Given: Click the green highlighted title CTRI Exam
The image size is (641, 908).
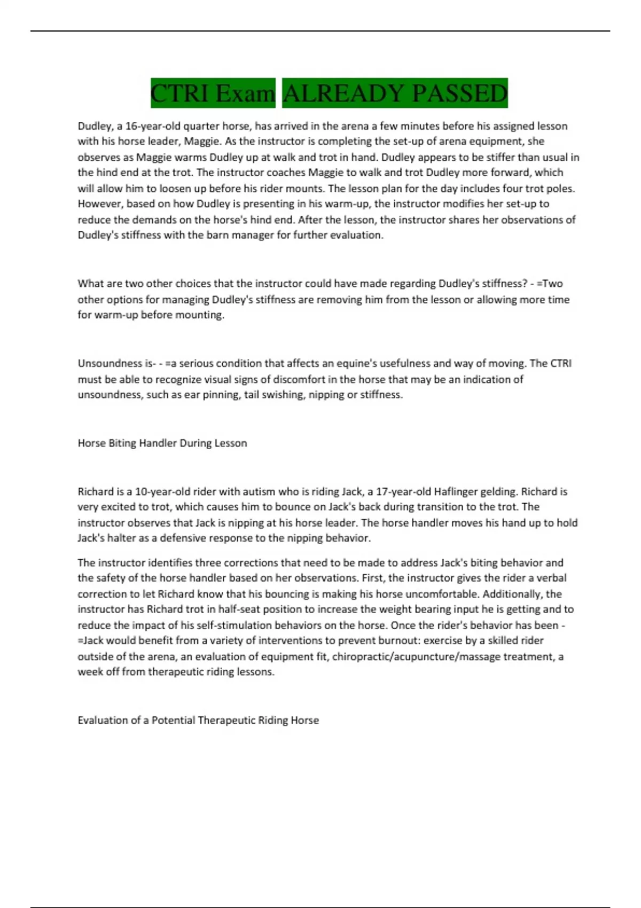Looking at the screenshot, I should (x=213, y=93).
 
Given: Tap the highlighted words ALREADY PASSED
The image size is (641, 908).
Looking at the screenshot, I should (x=395, y=93).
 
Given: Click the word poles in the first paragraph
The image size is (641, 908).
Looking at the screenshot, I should (x=559, y=189).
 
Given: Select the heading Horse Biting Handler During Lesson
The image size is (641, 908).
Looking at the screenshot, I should (x=162, y=443).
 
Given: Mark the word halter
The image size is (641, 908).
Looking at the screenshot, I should (x=121, y=538).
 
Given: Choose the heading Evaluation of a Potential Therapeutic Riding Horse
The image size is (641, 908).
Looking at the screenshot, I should (x=198, y=720).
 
